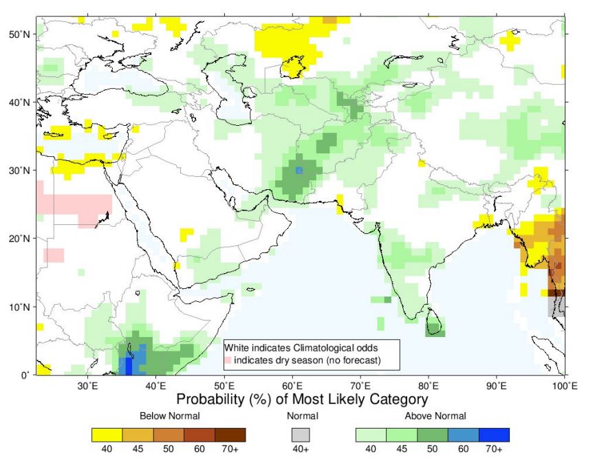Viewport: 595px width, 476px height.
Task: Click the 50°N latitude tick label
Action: (x=17, y=34)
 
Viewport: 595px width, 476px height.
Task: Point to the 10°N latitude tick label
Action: (x=17, y=307)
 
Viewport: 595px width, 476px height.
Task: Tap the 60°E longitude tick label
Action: (x=292, y=386)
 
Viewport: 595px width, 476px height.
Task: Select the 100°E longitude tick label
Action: (x=565, y=386)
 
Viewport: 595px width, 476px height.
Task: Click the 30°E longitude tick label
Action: (x=87, y=386)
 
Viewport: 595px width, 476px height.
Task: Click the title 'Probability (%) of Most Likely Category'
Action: (x=302, y=400)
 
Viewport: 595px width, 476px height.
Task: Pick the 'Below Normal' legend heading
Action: (x=170, y=416)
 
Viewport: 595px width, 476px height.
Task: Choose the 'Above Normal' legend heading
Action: (x=435, y=416)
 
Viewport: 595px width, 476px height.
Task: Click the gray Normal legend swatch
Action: (x=301, y=435)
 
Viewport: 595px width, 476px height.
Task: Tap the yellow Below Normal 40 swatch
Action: (x=107, y=435)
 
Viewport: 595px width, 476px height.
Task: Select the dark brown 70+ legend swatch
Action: (x=230, y=435)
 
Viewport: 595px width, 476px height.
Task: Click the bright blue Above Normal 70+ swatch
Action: (x=494, y=435)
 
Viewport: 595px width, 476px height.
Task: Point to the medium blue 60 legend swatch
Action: (x=464, y=435)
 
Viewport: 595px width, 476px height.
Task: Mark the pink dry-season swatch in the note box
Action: (x=228, y=360)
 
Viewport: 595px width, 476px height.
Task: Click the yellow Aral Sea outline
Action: (x=293, y=67)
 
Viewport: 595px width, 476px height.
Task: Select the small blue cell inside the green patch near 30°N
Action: (x=299, y=170)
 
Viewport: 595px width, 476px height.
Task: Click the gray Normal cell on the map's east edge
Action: (x=556, y=307)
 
